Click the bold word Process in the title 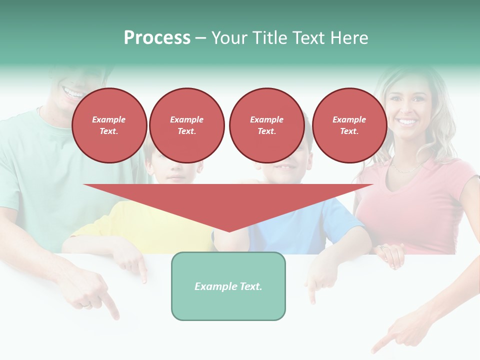[157, 38]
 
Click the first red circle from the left [109, 125]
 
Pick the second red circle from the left [187, 125]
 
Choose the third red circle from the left [266, 125]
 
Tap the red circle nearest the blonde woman [349, 125]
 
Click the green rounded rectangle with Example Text [228, 286]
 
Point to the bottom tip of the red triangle [229, 231]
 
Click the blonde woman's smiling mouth [407, 121]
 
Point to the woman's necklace [405, 168]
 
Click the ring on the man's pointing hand [86, 303]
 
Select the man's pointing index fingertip [117, 316]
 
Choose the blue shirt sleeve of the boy [345, 215]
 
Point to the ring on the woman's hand [382, 247]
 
